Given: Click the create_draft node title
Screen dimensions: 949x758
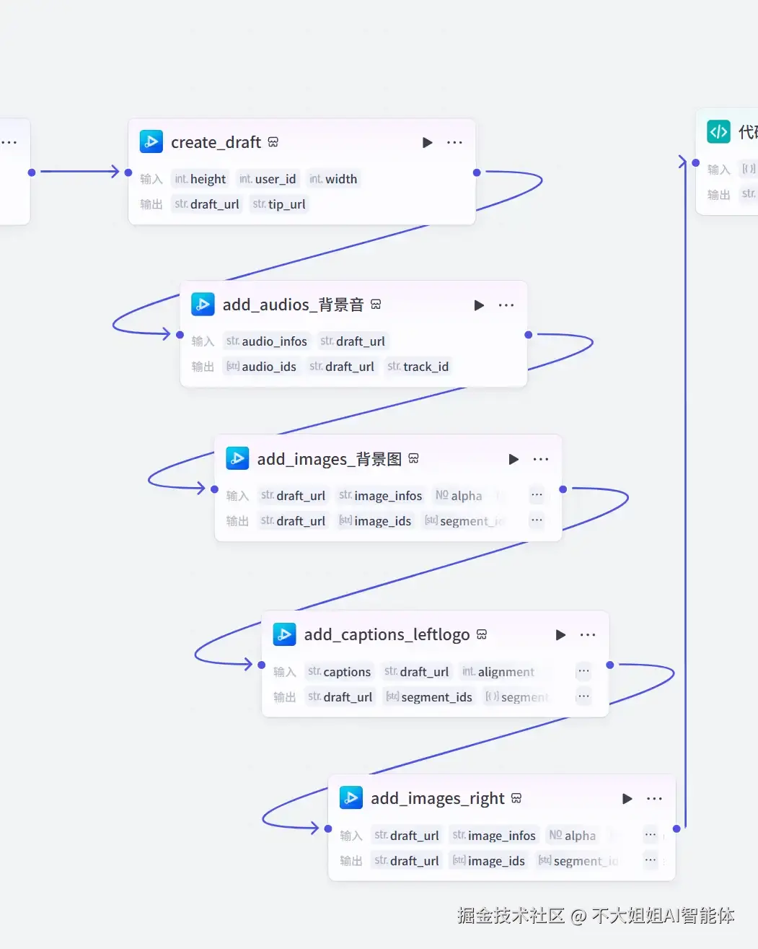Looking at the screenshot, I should click(x=216, y=142).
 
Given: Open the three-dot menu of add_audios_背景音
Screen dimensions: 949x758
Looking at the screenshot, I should click(x=506, y=305).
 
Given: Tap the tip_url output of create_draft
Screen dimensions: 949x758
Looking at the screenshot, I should click(x=279, y=204).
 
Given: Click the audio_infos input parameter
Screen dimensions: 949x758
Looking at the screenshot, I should click(x=267, y=341).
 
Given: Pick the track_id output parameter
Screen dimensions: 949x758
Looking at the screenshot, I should click(x=418, y=367).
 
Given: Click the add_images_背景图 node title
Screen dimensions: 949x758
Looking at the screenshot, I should click(x=329, y=459).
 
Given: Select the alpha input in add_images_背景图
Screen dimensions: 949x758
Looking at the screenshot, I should click(x=459, y=496).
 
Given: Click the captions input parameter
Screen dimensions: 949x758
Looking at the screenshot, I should click(x=340, y=672).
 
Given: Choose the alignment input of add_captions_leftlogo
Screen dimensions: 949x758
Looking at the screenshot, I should click(x=498, y=672).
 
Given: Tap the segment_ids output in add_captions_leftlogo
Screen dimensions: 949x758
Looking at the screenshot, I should click(x=429, y=697).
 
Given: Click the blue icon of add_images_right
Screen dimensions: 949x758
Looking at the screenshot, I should click(x=351, y=797).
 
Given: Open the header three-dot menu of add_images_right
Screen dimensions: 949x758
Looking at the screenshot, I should click(x=654, y=799).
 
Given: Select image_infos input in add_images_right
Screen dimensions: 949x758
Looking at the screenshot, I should click(x=494, y=836).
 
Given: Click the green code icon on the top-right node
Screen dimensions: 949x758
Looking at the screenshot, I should click(x=718, y=132).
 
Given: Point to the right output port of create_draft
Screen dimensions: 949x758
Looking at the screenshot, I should click(x=477, y=172).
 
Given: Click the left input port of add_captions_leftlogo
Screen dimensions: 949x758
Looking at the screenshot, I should click(x=262, y=665).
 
